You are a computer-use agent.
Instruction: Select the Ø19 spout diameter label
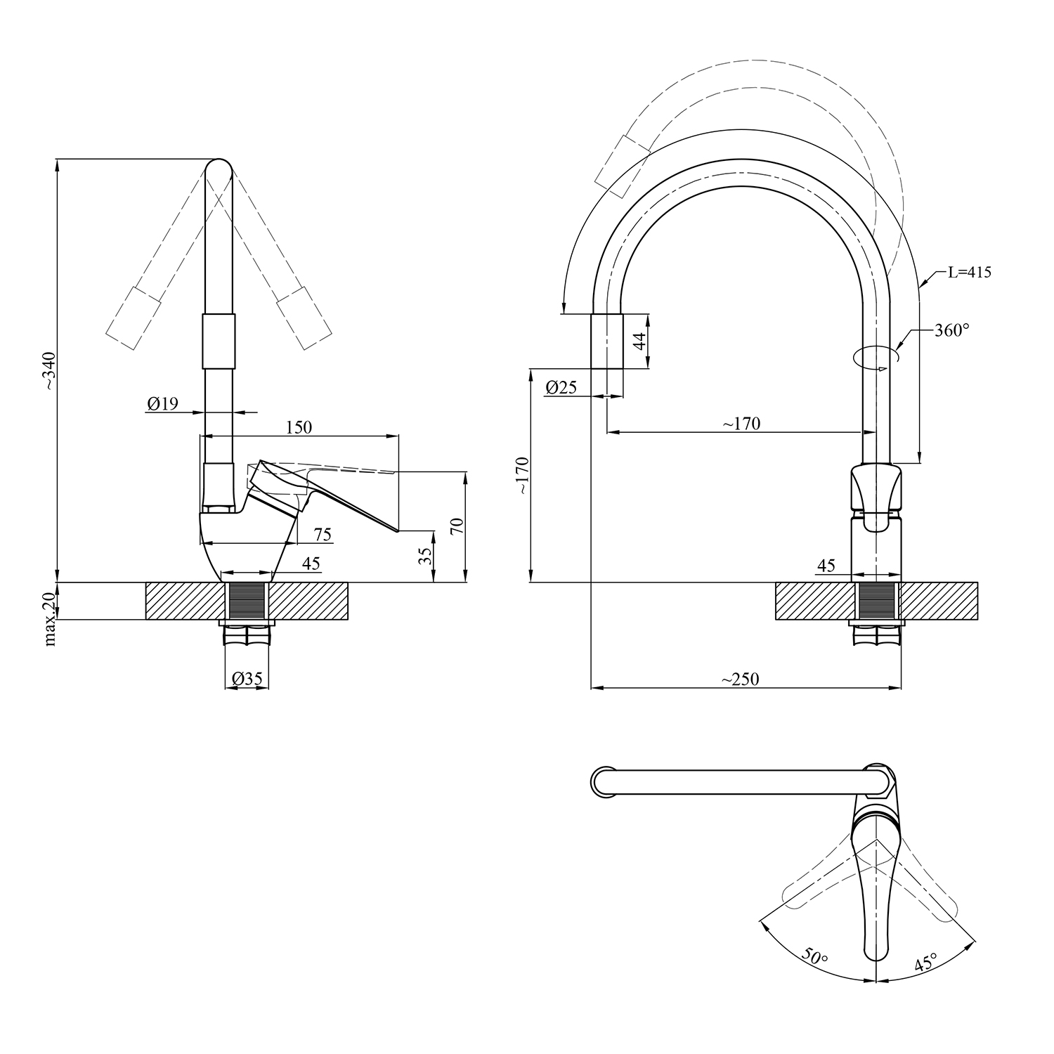(x=162, y=403)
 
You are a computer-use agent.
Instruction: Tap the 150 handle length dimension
(x=299, y=427)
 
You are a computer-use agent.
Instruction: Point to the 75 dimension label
(x=322, y=535)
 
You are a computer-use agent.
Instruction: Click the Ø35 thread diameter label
(x=246, y=679)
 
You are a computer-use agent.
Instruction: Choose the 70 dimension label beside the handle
(x=457, y=526)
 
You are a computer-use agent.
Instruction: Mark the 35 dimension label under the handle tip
(x=424, y=557)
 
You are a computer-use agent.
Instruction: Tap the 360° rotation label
(x=952, y=330)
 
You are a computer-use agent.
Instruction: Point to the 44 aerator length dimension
(x=639, y=341)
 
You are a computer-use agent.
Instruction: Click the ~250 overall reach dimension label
(x=740, y=679)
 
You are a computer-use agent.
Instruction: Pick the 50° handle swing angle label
(x=815, y=956)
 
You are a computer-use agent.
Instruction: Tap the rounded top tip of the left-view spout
(x=219, y=169)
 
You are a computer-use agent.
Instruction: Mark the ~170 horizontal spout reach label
(x=741, y=424)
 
